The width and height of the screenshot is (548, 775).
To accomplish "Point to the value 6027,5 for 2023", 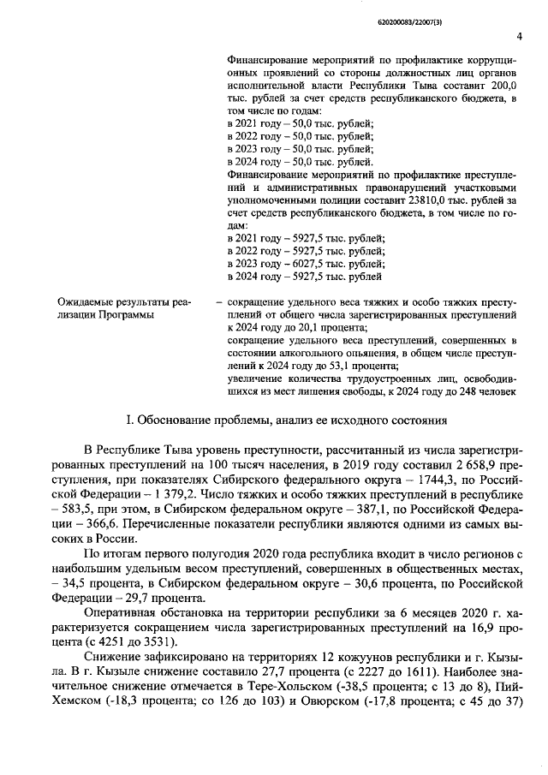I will [x=302, y=264].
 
